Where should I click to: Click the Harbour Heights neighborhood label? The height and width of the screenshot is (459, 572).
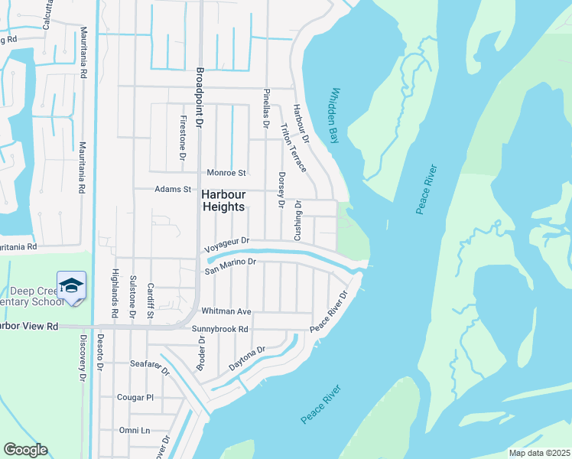[223, 200]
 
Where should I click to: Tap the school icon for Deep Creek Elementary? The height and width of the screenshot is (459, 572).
[71, 286]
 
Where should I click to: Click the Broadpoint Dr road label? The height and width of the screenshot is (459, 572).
[198, 99]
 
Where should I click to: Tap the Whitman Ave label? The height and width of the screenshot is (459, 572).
[226, 312]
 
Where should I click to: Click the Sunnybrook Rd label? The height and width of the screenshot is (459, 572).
[220, 329]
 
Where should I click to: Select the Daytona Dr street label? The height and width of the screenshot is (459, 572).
[247, 360]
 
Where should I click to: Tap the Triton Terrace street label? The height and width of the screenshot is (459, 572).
[294, 147]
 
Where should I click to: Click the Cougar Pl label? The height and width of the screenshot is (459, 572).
[135, 398]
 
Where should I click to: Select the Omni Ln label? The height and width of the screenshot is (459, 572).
[134, 431]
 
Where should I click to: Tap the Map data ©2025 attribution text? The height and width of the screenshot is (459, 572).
[538, 453]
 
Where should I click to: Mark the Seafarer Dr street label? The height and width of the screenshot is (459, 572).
[149, 366]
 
